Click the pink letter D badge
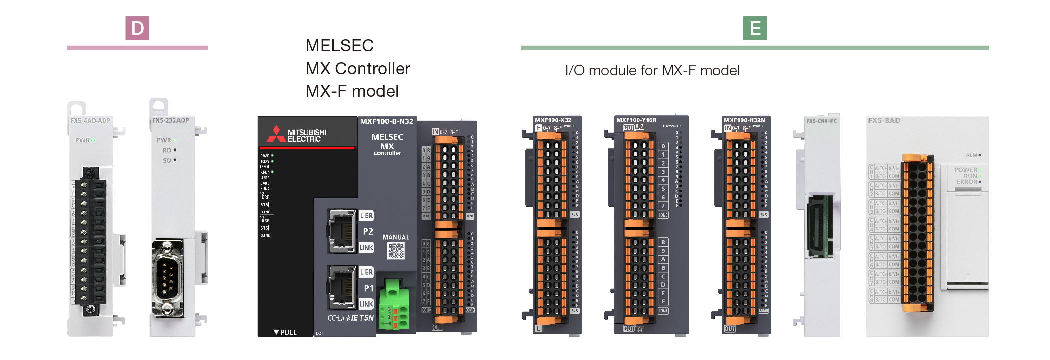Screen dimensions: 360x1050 [137, 28]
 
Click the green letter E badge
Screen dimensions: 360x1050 [755, 28]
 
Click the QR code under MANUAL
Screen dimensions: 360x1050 [396, 251]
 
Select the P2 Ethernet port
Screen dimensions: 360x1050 [342, 231]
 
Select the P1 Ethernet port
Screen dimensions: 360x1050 [342, 287]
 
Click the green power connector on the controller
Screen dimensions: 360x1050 [394, 305]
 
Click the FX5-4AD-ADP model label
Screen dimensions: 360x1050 [90, 121]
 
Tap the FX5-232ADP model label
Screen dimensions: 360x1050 [171, 120]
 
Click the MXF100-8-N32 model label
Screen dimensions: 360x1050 [387, 121]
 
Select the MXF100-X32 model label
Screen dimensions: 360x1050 [553, 120]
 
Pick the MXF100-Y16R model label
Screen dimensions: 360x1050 [636, 120]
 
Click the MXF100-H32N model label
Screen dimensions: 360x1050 [744, 120]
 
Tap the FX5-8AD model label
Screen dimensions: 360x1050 [884, 121]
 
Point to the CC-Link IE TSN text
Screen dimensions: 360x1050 [350, 318]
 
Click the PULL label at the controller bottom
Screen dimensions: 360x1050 [285, 332]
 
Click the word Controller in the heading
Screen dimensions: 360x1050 [372, 68]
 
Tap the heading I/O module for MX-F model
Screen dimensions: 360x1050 [652, 70]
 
